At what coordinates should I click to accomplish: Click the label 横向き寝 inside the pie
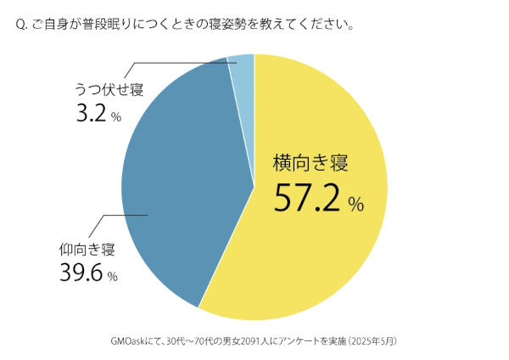pyautogui.click(x=310, y=161)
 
